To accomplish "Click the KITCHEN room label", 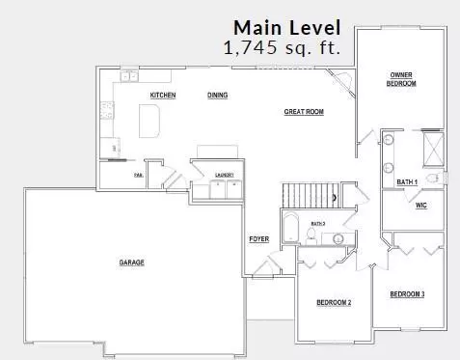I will click(x=162, y=95).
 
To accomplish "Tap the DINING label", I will click(x=217, y=95).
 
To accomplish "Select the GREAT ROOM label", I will click(x=303, y=112).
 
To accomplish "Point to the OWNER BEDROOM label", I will click(x=402, y=79).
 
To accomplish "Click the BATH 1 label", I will click(x=407, y=181).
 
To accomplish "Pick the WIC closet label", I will click(x=420, y=206).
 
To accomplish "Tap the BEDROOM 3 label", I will click(x=407, y=293).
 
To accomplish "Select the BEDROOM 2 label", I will click(x=334, y=302).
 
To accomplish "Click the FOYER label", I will click(x=258, y=238).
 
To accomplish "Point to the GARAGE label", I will click(x=132, y=262).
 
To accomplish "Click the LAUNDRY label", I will click(x=225, y=174).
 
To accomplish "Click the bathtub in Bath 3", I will click(x=290, y=230).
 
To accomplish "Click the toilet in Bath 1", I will click(x=433, y=179).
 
